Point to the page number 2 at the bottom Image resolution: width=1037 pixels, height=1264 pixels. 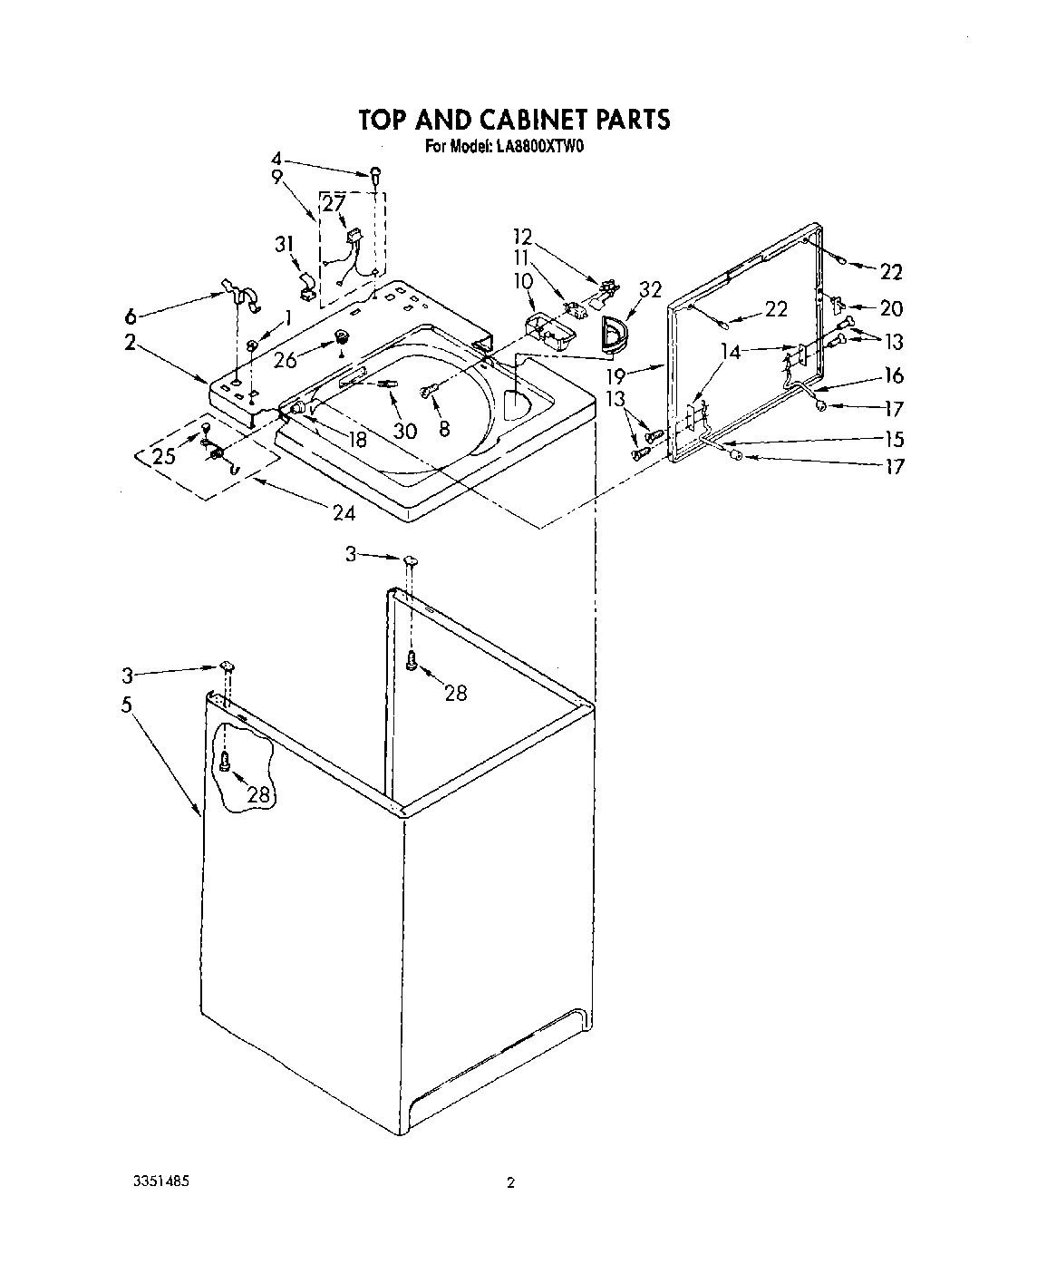[x=510, y=1183]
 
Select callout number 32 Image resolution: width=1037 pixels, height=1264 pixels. [x=649, y=291]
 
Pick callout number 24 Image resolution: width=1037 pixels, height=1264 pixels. [x=344, y=513]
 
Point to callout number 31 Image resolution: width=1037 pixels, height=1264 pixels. [x=285, y=245]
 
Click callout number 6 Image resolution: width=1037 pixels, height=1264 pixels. [x=132, y=316]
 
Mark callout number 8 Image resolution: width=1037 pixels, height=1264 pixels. [x=444, y=429]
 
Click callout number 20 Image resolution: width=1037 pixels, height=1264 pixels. [x=891, y=308]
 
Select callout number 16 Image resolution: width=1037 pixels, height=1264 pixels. [x=894, y=375]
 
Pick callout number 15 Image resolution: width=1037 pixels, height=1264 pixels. [x=894, y=439]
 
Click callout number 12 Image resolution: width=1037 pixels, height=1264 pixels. [x=522, y=237]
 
